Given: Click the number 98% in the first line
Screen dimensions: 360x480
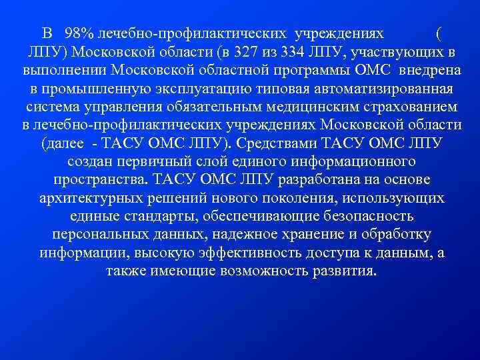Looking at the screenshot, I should pos(78,33).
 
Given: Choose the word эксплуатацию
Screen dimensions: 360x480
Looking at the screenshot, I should pos(180,89).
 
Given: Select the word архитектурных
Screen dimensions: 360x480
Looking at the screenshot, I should pos(79,199).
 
